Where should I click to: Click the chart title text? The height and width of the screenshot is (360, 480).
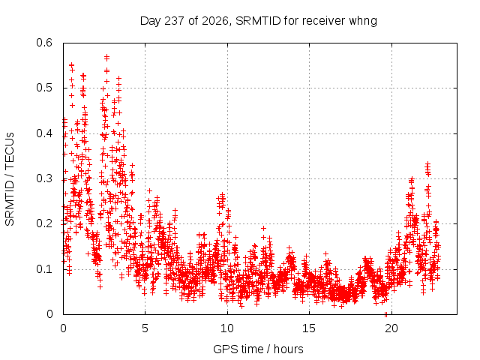click(x=258, y=21)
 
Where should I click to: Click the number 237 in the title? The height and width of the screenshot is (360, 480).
click(x=174, y=21)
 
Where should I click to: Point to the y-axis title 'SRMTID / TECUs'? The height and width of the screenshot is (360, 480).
click(x=10, y=179)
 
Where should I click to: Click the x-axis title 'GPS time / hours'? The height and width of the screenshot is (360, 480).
click(x=258, y=349)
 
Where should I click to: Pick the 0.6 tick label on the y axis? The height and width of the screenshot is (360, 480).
click(x=44, y=43)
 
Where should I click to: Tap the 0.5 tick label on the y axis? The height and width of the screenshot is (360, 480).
click(x=44, y=88)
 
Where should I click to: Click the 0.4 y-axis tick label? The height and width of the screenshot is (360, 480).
click(x=44, y=133)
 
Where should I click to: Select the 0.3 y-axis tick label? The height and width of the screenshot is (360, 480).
click(x=44, y=178)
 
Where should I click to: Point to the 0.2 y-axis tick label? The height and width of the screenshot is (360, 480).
click(x=44, y=223)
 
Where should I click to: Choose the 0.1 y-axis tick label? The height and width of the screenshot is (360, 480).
click(x=44, y=269)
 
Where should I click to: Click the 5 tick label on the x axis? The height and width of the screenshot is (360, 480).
click(x=145, y=328)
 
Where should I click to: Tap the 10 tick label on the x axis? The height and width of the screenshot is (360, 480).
click(x=227, y=328)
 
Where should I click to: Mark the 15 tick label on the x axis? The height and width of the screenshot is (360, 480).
click(x=309, y=328)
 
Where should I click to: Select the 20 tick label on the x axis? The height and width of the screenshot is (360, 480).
click(x=391, y=328)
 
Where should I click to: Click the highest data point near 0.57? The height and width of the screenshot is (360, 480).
click(x=106, y=57)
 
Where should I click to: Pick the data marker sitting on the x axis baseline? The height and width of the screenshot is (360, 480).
click(x=385, y=313)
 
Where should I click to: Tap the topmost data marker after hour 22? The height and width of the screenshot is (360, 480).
click(x=427, y=164)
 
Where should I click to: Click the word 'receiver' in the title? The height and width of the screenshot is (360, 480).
click(x=324, y=21)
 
